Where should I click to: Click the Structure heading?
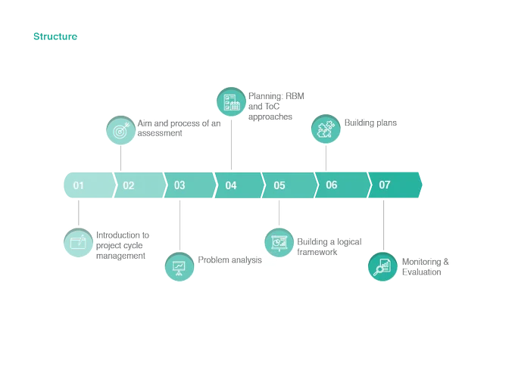[x=55, y=36]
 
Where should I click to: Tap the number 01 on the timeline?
[x=78, y=185]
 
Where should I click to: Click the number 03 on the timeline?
[x=179, y=185]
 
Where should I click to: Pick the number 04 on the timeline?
[x=231, y=185]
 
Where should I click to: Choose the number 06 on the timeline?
[x=332, y=185]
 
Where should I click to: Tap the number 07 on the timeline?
[x=384, y=185]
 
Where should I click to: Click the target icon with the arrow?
[x=121, y=131]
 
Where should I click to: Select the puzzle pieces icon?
[x=326, y=129]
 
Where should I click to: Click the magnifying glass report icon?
[x=382, y=267]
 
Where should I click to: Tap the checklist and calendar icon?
[x=231, y=101]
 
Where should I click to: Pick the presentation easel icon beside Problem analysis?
[x=179, y=267]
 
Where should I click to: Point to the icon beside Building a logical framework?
[x=279, y=243]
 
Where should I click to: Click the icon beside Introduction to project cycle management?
[x=78, y=243]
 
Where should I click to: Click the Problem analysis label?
[x=230, y=260]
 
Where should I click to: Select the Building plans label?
[x=370, y=123]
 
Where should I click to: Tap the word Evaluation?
[x=422, y=272]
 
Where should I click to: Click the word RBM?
[x=295, y=96]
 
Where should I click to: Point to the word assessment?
[x=160, y=133]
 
